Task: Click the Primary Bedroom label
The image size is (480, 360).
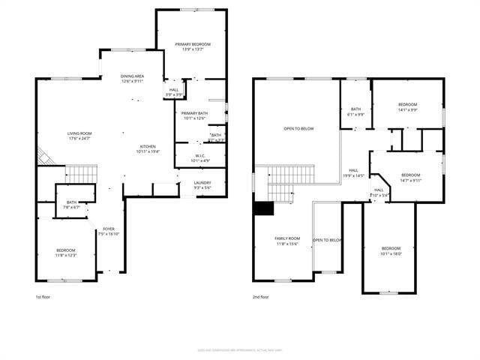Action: point(193,44)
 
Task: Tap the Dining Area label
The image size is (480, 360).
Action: point(132,76)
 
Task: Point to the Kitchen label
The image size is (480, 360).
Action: point(148,146)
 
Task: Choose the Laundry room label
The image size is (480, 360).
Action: point(202,182)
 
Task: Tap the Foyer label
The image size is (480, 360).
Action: point(109,229)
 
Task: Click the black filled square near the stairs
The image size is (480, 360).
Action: point(262,208)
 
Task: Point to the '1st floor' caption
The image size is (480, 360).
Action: point(43,296)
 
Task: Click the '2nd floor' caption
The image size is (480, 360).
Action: point(260,296)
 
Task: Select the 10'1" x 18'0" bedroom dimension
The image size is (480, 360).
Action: point(391,253)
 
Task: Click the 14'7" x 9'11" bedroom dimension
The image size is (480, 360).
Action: point(411,180)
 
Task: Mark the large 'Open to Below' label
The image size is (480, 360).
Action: point(298,128)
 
